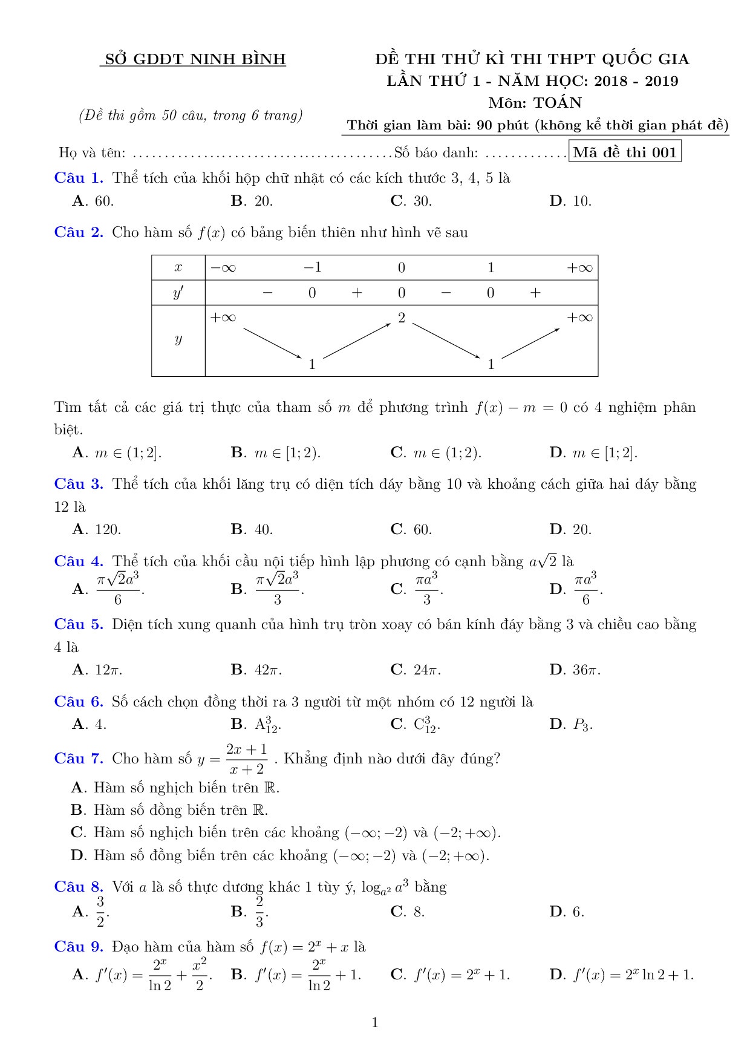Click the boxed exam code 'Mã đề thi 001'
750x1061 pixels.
(x=625, y=152)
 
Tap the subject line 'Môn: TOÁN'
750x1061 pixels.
(x=535, y=103)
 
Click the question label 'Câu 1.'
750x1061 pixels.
(x=79, y=178)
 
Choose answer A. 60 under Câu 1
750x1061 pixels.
(x=93, y=201)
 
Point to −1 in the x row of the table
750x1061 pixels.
(x=312, y=268)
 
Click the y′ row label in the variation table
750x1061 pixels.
(x=178, y=293)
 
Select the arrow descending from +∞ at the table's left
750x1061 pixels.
(x=272, y=342)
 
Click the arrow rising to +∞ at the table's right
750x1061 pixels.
(x=530, y=343)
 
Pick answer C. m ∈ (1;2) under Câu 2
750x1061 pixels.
(x=435, y=452)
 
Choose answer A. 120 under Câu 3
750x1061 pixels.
(x=97, y=530)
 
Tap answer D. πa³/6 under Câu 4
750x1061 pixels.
(x=576, y=589)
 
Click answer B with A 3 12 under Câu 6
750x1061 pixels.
(x=256, y=725)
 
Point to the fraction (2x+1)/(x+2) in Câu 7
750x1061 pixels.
(x=247, y=759)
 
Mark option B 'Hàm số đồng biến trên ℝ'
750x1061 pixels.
(x=169, y=810)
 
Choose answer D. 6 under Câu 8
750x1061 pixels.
(x=567, y=912)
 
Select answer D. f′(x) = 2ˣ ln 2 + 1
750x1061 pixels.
(x=621, y=974)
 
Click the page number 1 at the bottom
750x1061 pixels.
(x=375, y=1023)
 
